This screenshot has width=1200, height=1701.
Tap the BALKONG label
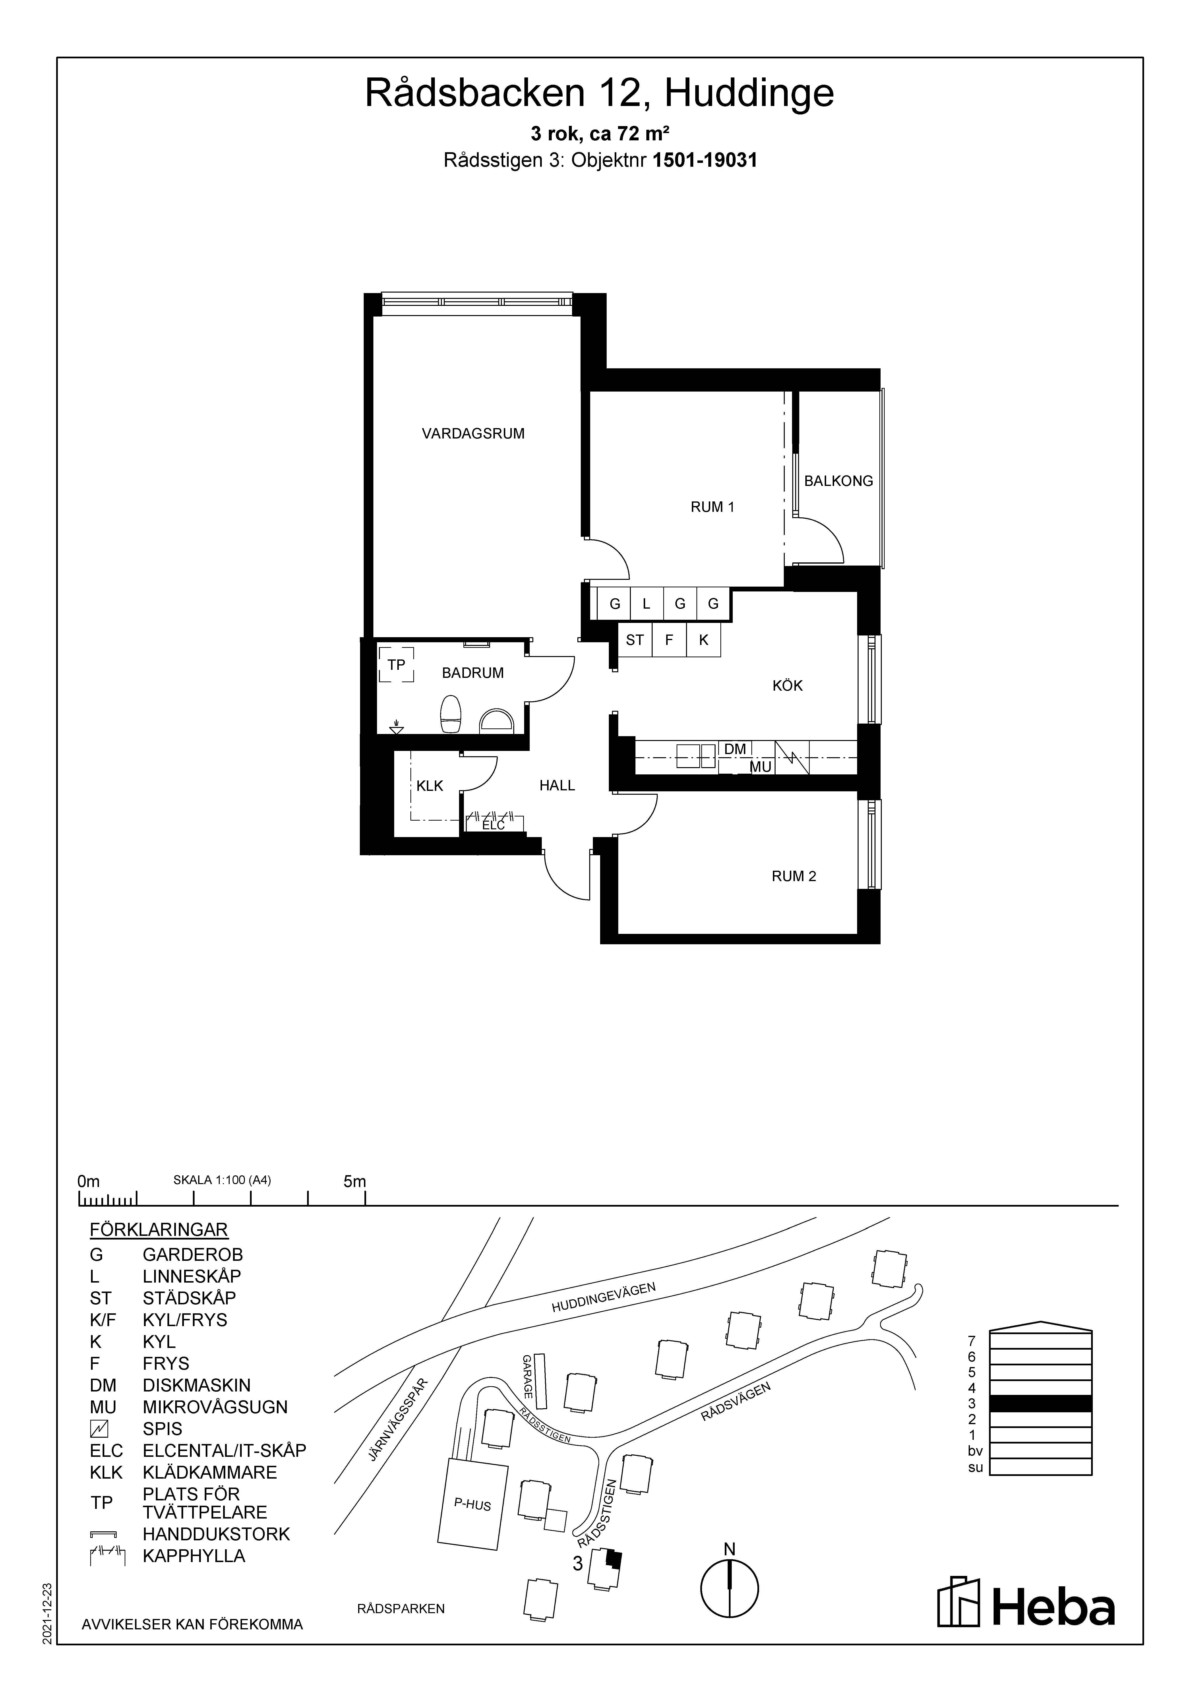click(838, 481)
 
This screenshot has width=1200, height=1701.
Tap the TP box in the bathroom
click(396, 665)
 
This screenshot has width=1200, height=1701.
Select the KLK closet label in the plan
click(430, 785)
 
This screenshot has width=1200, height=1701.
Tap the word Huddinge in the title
click(749, 93)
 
